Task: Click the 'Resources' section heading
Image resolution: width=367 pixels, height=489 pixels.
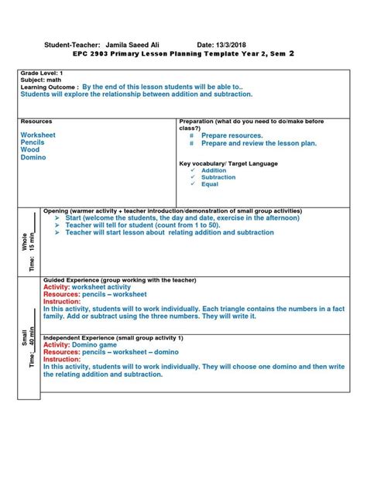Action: (36, 121)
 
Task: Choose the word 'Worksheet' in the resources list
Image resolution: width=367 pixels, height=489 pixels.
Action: (38, 135)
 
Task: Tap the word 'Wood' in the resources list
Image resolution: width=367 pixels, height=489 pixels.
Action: (29, 150)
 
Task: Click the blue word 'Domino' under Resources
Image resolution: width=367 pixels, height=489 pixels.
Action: (33, 158)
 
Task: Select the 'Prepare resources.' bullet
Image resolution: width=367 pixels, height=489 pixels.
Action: (232, 135)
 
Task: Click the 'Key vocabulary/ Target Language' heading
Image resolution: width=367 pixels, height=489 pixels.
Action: (228, 163)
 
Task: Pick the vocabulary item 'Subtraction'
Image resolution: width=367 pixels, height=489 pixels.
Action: (218, 177)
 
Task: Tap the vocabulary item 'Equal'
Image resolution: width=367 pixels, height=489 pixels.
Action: (209, 184)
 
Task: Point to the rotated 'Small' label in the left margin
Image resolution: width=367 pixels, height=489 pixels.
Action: (25, 337)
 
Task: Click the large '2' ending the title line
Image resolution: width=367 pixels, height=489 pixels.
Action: (290, 54)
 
